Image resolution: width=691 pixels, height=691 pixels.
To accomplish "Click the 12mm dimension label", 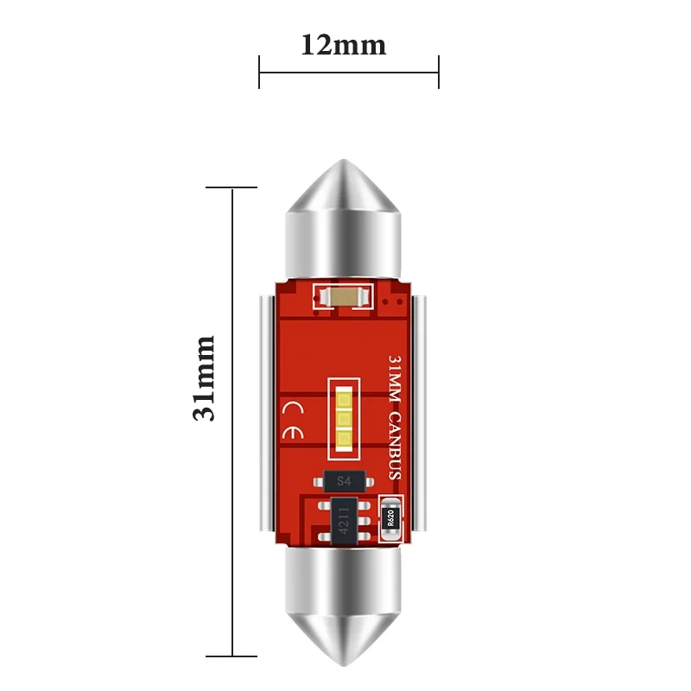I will coord(344,44).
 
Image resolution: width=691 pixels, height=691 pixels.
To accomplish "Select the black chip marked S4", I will coord(344,480).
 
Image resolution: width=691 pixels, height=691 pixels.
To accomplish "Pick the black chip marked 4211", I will coord(344,522).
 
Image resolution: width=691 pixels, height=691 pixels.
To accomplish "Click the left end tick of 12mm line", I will coord(259,72).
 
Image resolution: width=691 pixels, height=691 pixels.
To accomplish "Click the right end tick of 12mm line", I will coord(439,72).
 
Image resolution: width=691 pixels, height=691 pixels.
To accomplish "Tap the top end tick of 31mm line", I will coord(232,187).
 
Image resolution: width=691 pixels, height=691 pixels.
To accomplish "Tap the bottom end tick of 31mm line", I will coord(232,657).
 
